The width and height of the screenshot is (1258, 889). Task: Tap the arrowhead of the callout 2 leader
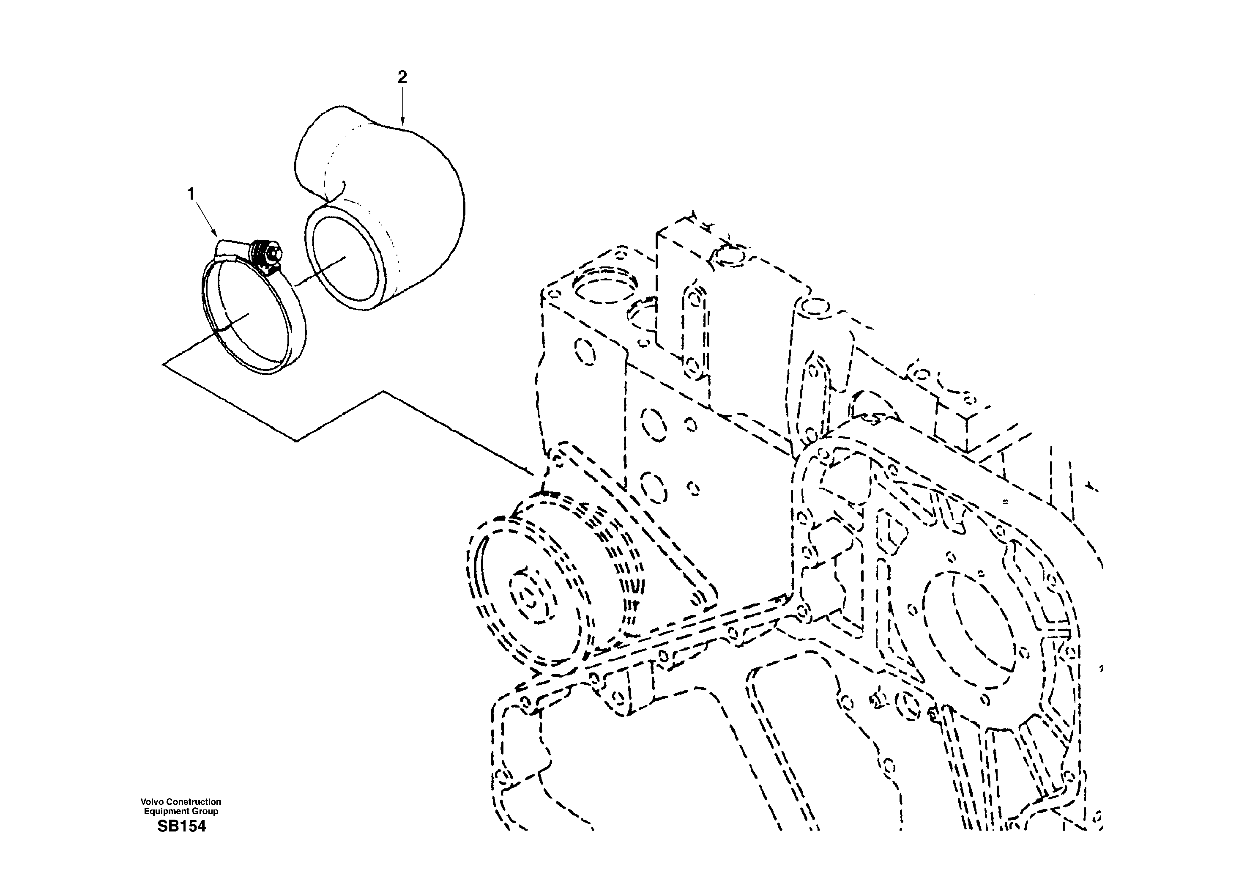[403, 123]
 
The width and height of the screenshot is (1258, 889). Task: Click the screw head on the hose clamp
[272, 253]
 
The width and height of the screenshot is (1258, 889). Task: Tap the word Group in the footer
[206, 811]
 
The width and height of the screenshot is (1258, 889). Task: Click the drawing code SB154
[181, 826]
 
